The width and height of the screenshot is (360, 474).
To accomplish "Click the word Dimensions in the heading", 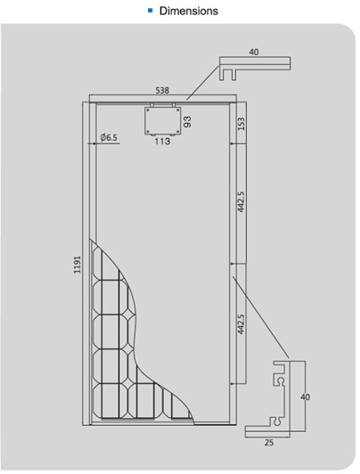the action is point(189,11).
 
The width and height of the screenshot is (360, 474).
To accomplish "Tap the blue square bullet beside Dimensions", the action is point(151,11).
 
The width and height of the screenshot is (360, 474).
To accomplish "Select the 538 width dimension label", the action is point(162,90).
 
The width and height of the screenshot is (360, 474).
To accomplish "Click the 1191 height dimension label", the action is point(78,265).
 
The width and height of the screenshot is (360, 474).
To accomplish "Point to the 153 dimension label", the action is point(241,124).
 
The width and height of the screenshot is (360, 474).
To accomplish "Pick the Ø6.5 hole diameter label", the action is point(109,137).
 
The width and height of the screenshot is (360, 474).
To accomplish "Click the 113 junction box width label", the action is point(162,141).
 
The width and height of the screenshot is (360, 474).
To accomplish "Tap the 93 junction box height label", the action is point(187,121).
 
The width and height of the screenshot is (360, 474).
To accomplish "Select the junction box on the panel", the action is point(162,119).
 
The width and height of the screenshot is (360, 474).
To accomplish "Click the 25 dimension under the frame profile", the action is point(269,443).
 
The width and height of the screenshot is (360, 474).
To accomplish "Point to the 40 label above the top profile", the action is point(254,52).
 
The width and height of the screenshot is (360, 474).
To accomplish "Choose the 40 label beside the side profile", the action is point(306,396).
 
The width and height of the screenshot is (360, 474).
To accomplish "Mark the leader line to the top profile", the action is point(202,83).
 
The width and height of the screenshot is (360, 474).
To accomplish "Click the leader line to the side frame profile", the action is point(261,317).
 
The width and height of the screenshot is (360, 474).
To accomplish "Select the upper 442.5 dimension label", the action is point(241,201).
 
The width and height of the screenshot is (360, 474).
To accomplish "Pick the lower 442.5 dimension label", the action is point(241,324).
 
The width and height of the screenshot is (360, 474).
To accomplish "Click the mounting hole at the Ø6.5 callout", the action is point(94,143).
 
